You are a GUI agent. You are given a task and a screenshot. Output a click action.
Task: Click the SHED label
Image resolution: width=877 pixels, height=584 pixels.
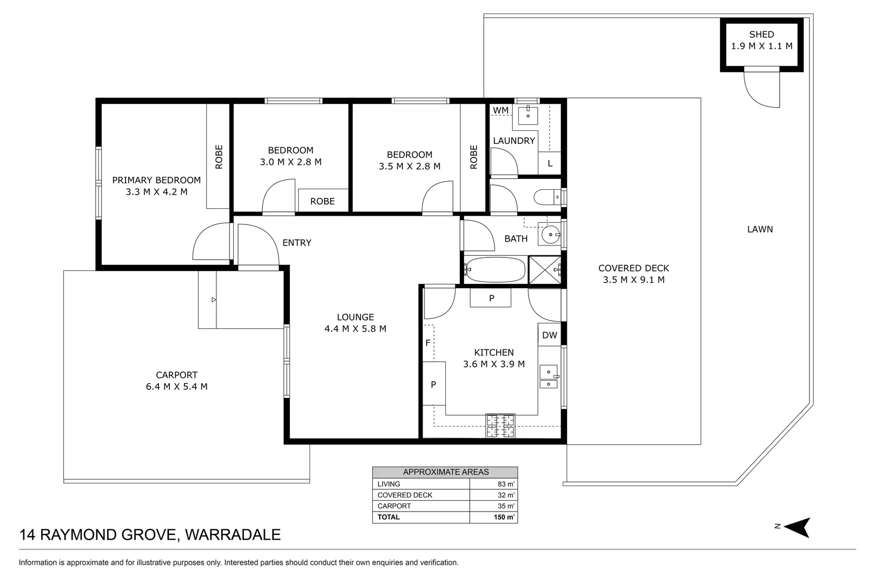pyautogui.click(x=761, y=35)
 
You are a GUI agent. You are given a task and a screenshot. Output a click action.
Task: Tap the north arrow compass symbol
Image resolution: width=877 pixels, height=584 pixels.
pyautogui.click(x=799, y=527)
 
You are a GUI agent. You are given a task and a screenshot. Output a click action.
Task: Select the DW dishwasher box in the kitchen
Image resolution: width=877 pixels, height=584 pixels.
pyautogui.click(x=549, y=335)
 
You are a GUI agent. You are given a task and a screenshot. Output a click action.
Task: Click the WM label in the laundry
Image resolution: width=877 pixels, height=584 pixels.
pyautogui.click(x=500, y=110)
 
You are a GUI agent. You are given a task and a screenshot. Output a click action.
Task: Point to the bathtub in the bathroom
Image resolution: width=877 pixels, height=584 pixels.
pyautogui.click(x=496, y=269)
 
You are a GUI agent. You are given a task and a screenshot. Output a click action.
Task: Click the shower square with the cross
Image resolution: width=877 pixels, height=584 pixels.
pyautogui.click(x=544, y=269)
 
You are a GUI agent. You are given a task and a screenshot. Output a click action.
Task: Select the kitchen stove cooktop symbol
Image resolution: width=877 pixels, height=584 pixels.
pyautogui.click(x=500, y=426)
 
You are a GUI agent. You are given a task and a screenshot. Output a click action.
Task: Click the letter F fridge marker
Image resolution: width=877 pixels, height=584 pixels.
pyautogui.click(x=428, y=343)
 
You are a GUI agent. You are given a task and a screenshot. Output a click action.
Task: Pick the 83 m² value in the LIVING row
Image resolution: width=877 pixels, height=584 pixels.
pyautogui.click(x=505, y=484)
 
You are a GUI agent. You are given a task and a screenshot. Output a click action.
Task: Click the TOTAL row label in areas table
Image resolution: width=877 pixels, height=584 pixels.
pyautogui.click(x=388, y=517)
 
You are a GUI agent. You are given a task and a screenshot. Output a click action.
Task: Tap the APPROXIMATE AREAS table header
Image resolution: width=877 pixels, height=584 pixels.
pyautogui.click(x=445, y=472)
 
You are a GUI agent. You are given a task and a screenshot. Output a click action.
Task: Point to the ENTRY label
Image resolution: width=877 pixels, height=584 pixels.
pyautogui.click(x=296, y=243)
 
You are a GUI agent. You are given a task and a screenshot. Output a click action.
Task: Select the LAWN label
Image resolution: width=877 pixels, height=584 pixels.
pyautogui.click(x=760, y=229)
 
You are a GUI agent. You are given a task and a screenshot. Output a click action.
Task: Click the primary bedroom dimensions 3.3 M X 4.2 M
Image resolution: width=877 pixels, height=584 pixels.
pyautogui.click(x=156, y=192)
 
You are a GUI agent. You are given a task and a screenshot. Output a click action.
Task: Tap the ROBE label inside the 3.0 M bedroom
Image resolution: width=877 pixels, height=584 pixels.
pyautogui.click(x=322, y=201)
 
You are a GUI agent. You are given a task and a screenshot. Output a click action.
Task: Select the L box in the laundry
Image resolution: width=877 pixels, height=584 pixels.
pyautogui.click(x=550, y=163)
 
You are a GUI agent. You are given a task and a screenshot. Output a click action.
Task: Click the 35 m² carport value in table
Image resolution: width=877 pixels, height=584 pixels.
pyautogui.click(x=505, y=506)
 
